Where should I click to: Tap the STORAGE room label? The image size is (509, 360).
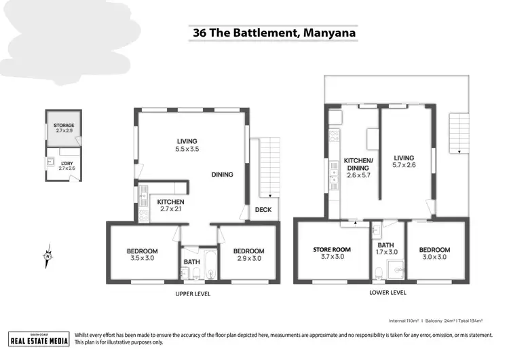pyautogui.click(x=64, y=127)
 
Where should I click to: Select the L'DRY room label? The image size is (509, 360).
pyautogui.click(x=67, y=165)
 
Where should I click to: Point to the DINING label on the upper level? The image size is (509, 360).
pyautogui.click(x=222, y=175)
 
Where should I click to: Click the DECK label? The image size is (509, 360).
pyautogui.click(x=263, y=210)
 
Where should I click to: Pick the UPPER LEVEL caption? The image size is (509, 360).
pyautogui.click(x=193, y=294)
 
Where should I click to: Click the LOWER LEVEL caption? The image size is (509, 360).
pyautogui.click(x=388, y=293)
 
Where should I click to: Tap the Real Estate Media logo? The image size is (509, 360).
pyautogui.click(x=39, y=338)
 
